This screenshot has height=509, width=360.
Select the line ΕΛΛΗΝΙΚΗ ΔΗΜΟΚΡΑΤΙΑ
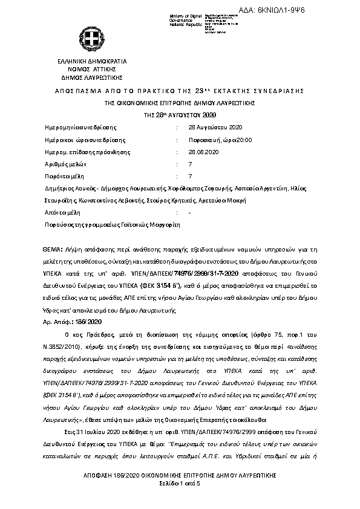(x=92, y=62)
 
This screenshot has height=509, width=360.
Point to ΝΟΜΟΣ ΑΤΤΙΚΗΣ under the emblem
(x=92, y=70)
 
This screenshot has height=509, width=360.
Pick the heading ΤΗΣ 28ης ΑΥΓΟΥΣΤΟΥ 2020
(x=180, y=115)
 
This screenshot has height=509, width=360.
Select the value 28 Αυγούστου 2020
(x=215, y=128)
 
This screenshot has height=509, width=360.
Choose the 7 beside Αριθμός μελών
(x=191, y=164)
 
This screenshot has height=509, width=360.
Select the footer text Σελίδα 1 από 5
(x=180, y=485)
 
